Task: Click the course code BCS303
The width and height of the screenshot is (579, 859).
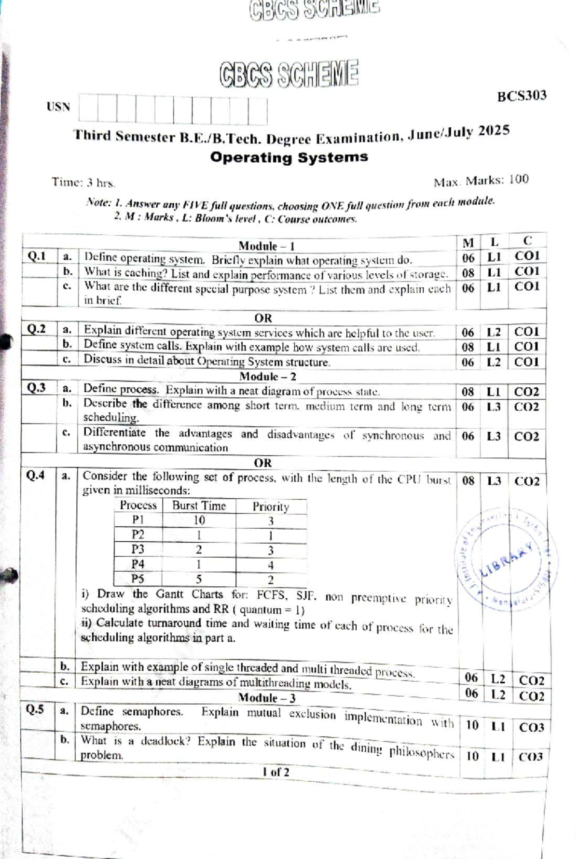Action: pos(522,96)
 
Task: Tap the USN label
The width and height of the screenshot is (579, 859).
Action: pos(58,107)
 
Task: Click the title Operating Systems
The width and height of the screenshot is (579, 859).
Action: pos(289,157)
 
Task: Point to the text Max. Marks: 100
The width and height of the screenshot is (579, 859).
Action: pos(481,181)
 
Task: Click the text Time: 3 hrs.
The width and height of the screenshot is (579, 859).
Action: pos(83,183)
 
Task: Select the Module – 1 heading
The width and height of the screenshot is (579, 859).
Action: pos(266,246)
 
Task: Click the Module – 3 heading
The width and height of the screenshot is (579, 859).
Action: pos(267,698)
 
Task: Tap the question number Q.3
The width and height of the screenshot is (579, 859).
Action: pos(36,388)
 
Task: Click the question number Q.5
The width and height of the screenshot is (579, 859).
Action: pos(35,709)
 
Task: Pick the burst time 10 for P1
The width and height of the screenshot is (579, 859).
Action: pos(199,520)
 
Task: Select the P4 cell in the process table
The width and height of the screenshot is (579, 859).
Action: pos(138,564)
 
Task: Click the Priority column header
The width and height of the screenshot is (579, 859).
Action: pos(271,507)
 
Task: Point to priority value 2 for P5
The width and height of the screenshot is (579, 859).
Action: pos(271,580)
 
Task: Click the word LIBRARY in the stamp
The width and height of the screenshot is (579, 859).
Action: pos(506,560)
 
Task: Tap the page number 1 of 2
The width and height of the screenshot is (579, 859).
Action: pos(276,772)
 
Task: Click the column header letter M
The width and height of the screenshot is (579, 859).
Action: pos(468,243)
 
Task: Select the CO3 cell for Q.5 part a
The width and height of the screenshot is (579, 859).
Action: pos(531,727)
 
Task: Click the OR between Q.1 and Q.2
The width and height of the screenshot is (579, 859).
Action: pos(263,318)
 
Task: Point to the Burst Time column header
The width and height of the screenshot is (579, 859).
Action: pos(199,506)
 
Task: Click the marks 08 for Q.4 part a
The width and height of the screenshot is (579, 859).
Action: pos(469,481)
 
